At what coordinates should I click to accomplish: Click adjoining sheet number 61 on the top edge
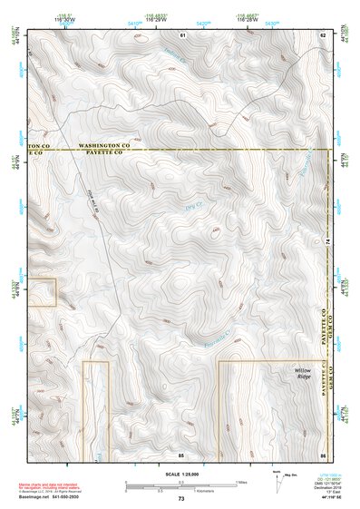tap(181, 34)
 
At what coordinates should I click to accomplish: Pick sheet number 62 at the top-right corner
tap(322, 34)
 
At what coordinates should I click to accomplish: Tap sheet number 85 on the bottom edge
tap(181, 453)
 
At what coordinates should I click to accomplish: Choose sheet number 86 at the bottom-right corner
tap(322, 453)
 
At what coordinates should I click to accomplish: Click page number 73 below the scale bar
tap(181, 499)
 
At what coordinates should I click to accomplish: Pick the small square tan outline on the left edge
tap(44, 292)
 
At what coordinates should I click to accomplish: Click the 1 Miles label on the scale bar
tap(240, 482)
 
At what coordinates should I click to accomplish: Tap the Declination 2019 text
tap(326, 486)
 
